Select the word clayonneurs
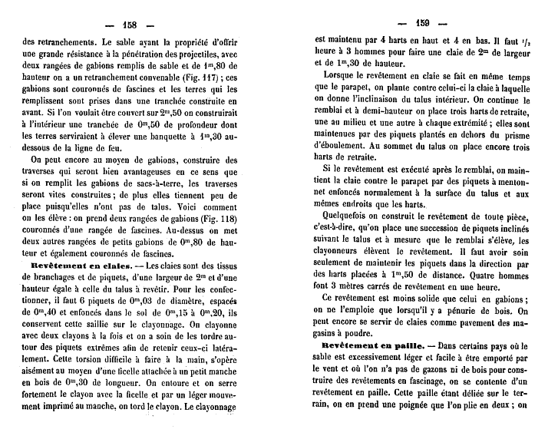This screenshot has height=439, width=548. [348, 252]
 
